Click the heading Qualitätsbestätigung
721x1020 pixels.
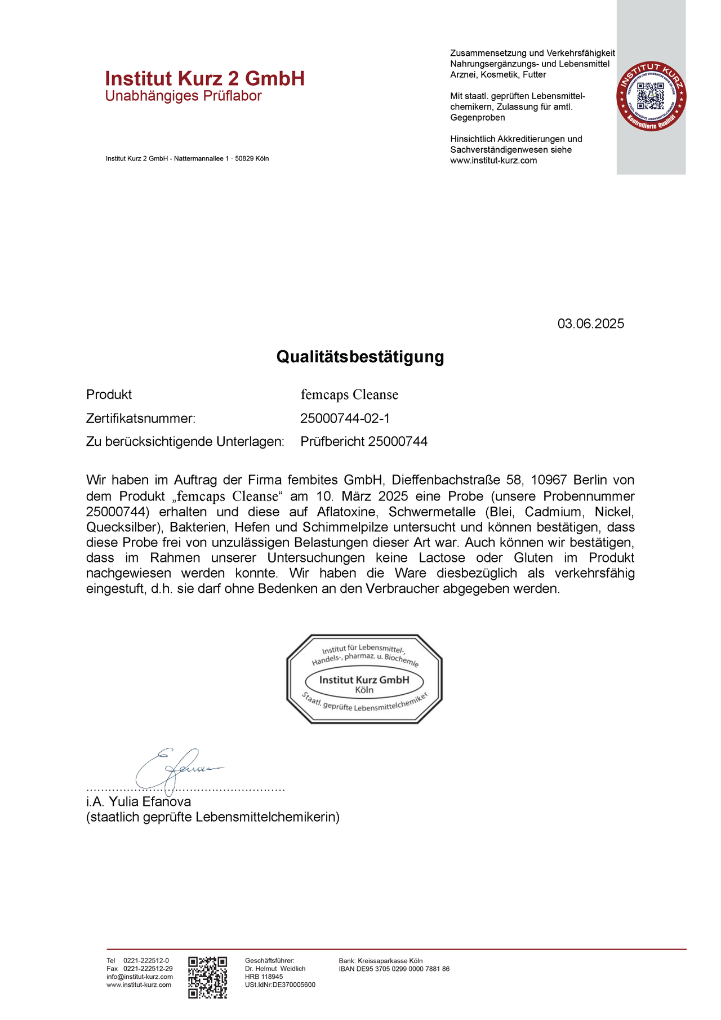click(x=360, y=357)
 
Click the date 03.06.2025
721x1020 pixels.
click(x=590, y=324)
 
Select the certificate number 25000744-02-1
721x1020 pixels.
click(x=345, y=418)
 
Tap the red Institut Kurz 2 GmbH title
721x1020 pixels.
click(x=205, y=78)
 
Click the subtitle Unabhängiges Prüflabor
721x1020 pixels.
click(x=184, y=96)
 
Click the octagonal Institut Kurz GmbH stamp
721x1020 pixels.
click(x=364, y=678)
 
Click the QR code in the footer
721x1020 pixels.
click(x=207, y=977)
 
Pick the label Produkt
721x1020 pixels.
click(x=109, y=395)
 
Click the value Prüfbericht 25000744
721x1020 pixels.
click(x=364, y=442)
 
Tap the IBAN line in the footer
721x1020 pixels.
click(x=394, y=969)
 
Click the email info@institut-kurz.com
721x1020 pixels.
click(x=140, y=977)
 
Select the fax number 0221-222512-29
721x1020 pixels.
click(x=148, y=969)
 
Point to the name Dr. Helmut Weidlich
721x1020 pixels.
click(x=275, y=969)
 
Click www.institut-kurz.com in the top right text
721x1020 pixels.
click(x=493, y=161)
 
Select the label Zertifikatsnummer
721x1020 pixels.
click(x=141, y=418)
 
